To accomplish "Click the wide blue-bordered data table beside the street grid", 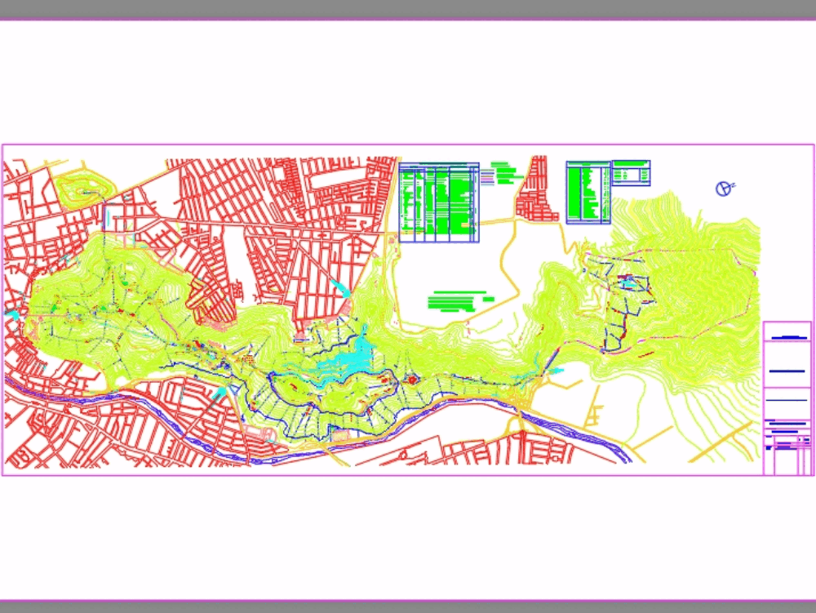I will tap(439, 202).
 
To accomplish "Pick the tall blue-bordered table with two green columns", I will tap(588, 193).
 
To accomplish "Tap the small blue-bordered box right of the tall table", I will tap(631, 172).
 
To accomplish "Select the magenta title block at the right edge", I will tap(787, 398).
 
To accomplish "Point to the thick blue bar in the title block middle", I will tap(787, 371).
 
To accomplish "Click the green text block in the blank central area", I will tap(457, 301).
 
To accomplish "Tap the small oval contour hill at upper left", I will tap(85, 190).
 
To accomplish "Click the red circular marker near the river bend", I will tap(412, 379).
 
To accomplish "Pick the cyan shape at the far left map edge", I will tap(11, 313).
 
